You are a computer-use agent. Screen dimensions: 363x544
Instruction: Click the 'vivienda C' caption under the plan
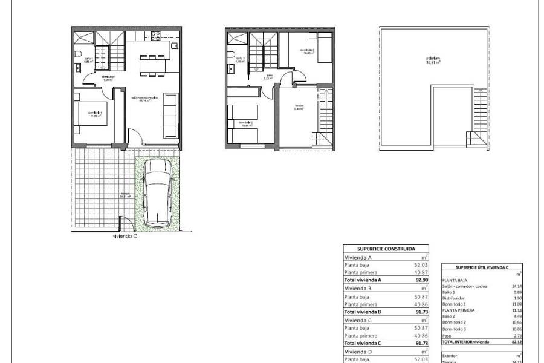[125, 237]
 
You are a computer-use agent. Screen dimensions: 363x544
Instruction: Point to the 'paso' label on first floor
[267, 77]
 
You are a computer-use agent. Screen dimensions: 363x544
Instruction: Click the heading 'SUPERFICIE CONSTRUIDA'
[386, 249]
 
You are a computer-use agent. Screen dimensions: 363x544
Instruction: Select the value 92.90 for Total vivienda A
[418, 280]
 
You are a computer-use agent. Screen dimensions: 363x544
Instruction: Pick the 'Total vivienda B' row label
[363, 312]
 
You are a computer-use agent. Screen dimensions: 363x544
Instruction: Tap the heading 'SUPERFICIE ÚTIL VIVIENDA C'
[482, 267]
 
